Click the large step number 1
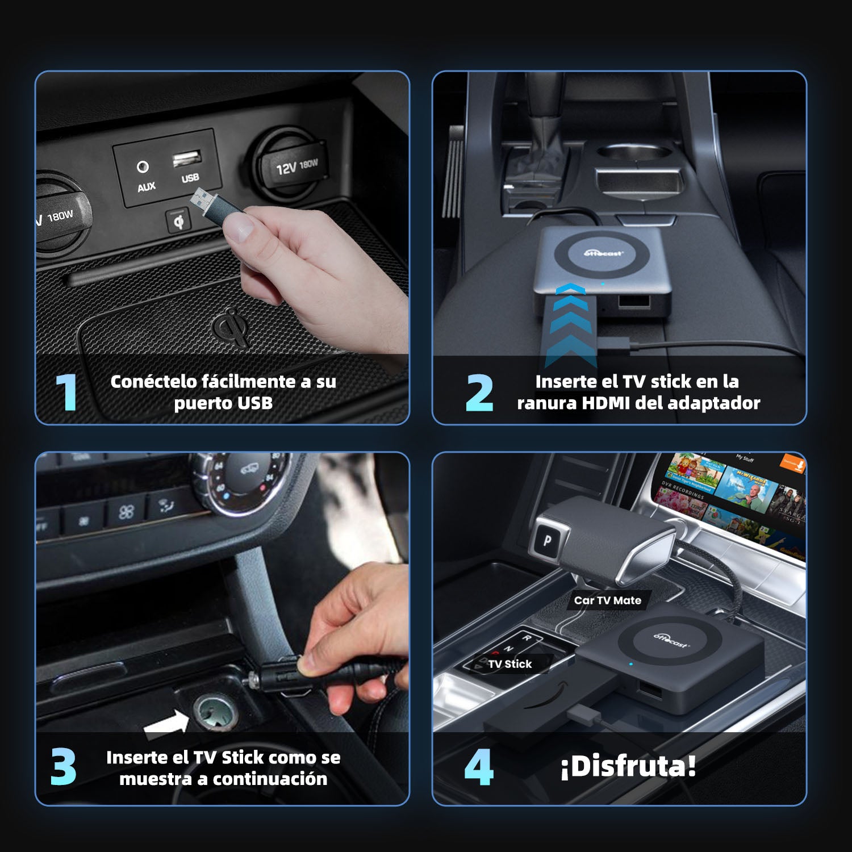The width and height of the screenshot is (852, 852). (x=66, y=391)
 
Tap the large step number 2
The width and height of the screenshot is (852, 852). (x=479, y=392)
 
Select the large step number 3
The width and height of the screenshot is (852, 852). (x=63, y=767)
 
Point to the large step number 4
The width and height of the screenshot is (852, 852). (x=478, y=767)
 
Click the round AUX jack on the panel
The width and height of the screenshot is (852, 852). (x=143, y=166)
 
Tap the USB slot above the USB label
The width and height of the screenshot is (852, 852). (x=187, y=158)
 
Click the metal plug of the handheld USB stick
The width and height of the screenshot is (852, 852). (x=202, y=200)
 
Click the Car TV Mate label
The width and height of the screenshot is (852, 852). (x=607, y=600)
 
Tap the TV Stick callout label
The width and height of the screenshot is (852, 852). (x=509, y=664)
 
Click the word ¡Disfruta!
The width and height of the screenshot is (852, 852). (x=628, y=766)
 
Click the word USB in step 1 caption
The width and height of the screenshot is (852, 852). (x=255, y=403)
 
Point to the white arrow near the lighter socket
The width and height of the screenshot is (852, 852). (x=166, y=724)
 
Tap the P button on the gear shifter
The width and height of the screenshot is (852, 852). (x=547, y=540)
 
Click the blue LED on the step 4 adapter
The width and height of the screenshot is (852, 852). (x=630, y=663)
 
